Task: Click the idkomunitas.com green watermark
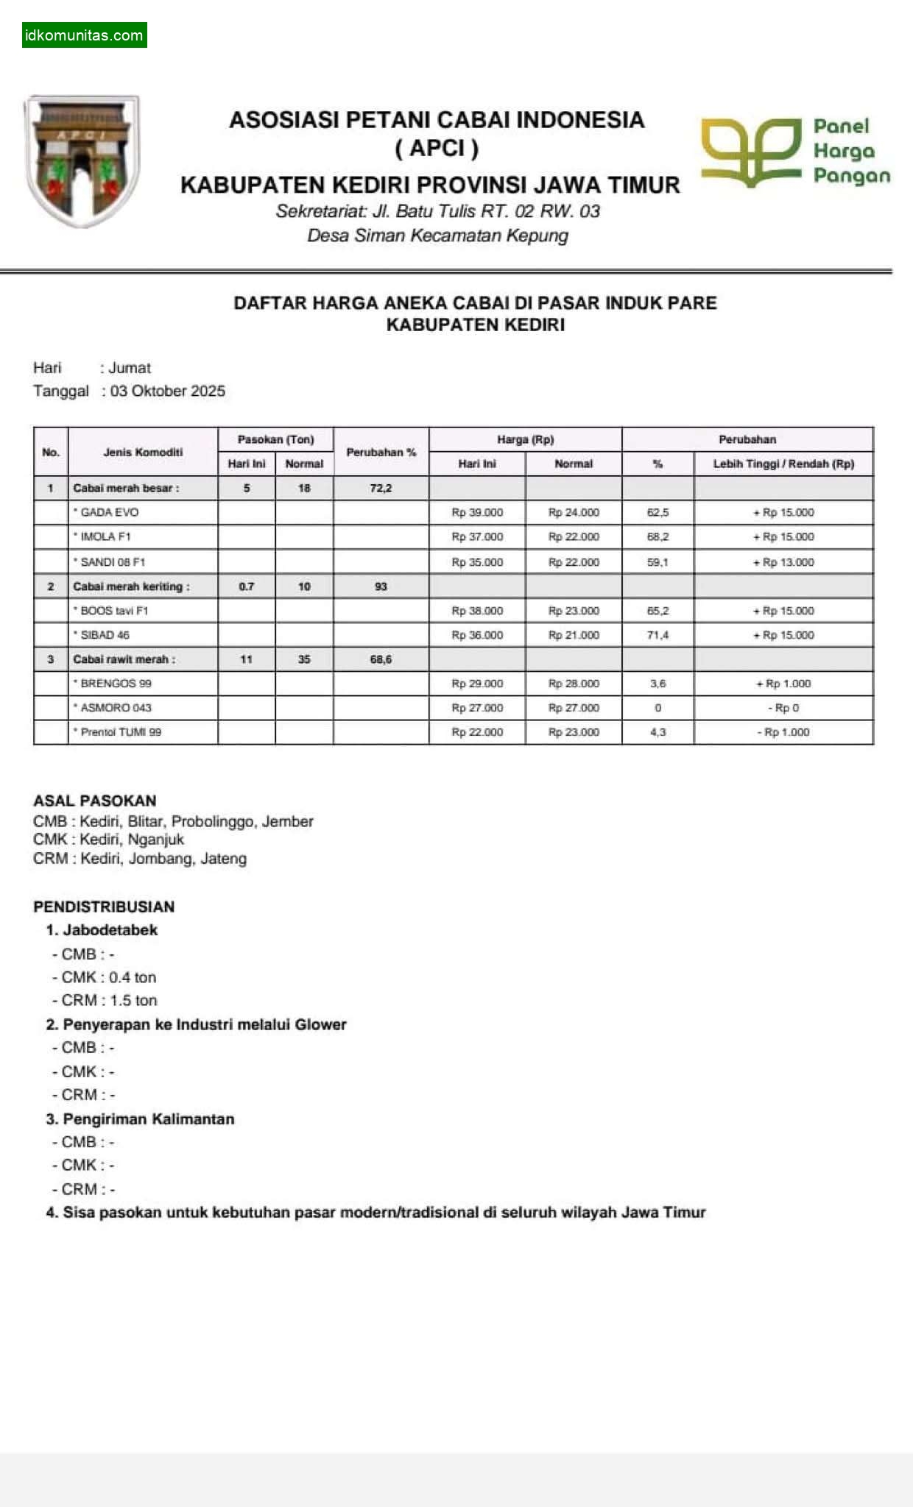tap(84, 35)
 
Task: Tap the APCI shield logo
tap(82, 160)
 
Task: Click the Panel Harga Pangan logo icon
tap(750, 152)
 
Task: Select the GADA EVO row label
tap(109, 512)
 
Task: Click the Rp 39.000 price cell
tap(477, 512)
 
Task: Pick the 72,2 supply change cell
tap(381, 488)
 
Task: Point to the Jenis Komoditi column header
tap(143, 452)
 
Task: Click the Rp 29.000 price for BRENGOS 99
tap(477, 684)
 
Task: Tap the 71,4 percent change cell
tap(658, 635)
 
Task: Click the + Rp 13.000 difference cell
tap(783, 562)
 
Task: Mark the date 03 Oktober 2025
tap(168, 391)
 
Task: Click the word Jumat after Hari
tap(130, 368)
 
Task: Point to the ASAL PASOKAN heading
tap(95, 801)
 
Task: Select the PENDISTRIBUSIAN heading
tap(104, 907)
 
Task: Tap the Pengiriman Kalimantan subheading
tap(148, 1118)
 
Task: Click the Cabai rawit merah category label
tap(124, 659)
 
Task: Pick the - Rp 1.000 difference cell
tap(783, 732)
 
